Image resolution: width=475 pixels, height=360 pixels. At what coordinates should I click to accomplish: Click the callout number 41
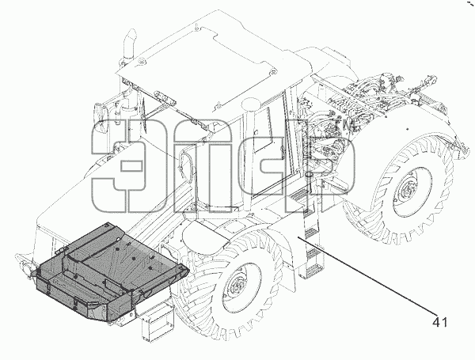point(439,323)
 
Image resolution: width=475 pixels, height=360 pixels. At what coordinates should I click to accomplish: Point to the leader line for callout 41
point(367,276)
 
